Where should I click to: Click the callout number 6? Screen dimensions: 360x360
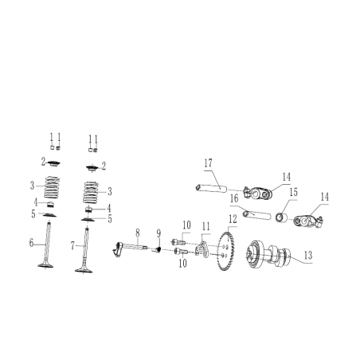point(31,242)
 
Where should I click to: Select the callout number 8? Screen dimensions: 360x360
point(137,232)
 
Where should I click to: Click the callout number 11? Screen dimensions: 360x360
point(205,226)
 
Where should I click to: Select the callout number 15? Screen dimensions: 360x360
point(293,192)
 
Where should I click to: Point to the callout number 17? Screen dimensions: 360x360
point(208,163)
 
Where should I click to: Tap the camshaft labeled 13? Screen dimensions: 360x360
point(267,254)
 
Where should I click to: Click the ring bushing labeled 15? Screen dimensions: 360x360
point(281,217)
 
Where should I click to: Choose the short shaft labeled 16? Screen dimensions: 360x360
point(256,215)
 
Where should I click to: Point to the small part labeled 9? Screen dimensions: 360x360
point(158,248)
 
